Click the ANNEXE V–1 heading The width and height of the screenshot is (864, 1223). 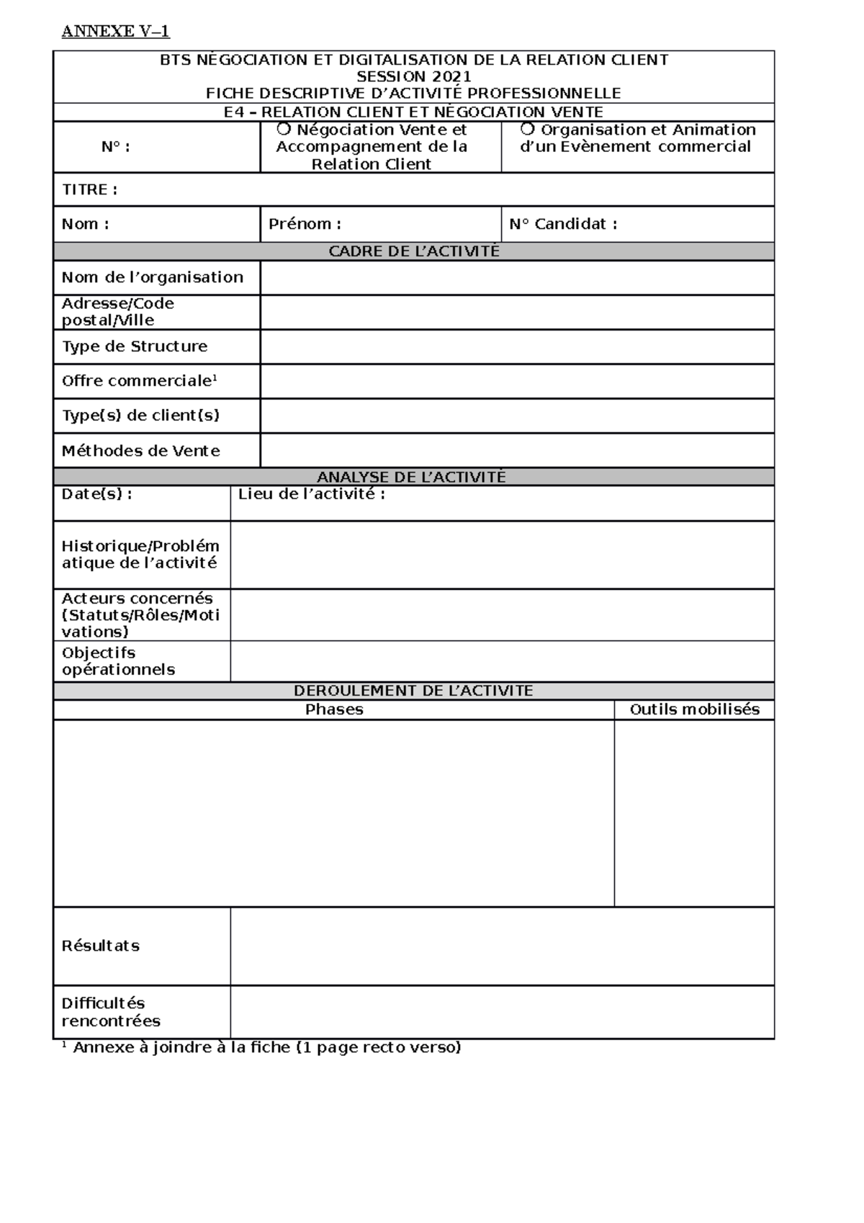point(115,31)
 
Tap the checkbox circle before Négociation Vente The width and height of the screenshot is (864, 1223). point(284,129)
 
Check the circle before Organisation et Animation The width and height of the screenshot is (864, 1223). point(528,129)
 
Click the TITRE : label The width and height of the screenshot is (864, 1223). point(89,190)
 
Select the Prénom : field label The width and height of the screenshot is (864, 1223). point(305,224)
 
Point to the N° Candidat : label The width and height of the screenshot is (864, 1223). point(563,224)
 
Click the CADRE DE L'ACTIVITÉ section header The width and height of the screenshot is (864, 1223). point(413,251)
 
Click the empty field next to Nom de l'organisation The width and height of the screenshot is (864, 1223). point(516,278)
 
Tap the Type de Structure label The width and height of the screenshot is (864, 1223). point(135,346)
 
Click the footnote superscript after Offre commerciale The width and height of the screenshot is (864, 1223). point(215,377)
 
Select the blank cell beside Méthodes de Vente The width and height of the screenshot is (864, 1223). point(516,451)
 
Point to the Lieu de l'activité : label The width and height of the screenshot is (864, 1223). point(312,495)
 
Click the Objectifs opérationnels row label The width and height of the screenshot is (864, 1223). point(118,661)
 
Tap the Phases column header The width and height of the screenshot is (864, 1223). point(333,709)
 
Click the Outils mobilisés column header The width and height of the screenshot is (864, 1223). point(694,709)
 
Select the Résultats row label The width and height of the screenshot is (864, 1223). point(100,946)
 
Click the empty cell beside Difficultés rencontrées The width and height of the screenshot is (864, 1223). point(502,1012)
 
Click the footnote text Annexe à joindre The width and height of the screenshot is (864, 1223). point(266,1047)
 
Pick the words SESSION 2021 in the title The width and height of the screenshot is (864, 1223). point(414,76)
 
